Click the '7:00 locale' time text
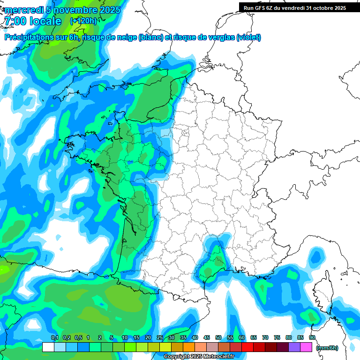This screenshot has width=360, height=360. (33, 21)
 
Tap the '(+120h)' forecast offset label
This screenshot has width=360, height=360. (83, 21)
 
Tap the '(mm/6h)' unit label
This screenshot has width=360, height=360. (327, 347)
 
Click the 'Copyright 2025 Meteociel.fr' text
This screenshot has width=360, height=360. (199, 356)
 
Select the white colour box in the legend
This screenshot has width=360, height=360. (48, 347)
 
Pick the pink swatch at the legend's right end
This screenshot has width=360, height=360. (306, 347)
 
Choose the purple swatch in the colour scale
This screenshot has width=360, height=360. (294, 347)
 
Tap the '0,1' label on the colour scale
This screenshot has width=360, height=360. (54, 338)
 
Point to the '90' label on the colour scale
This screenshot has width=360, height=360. (312, 338)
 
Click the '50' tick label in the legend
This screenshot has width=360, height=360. (218, 338)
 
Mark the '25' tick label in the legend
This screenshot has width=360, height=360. (160, 338)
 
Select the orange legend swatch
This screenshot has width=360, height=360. (189, 347)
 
